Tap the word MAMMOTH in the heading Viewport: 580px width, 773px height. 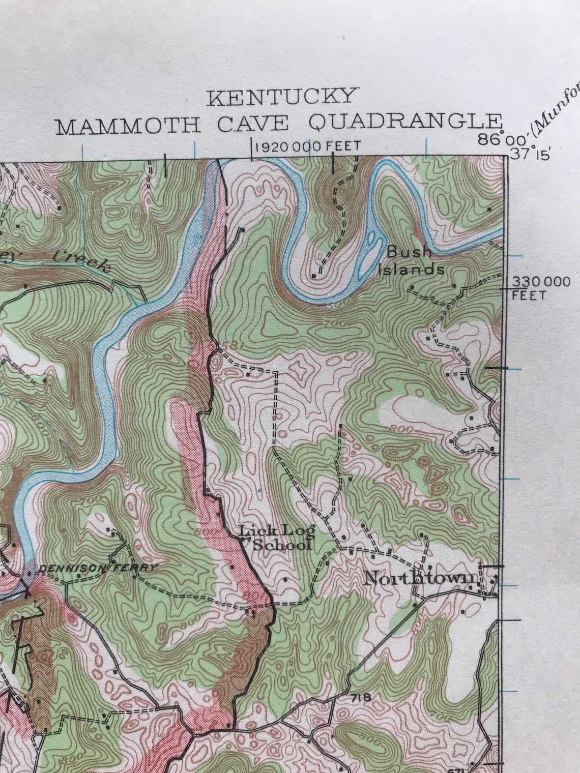pos(128,125)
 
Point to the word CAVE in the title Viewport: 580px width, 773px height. pos(254,124)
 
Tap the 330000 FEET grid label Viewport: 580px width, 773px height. pos(541,288)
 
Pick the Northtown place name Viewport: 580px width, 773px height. pos(420,578)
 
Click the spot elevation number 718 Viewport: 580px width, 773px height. pos(361,697)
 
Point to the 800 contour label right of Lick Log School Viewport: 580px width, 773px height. pos(401,430)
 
